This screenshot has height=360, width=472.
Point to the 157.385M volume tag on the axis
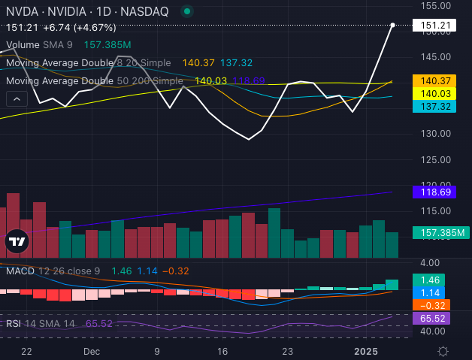[441, 233]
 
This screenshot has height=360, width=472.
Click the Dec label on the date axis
[92, 351]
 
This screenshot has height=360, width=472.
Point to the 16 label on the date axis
[222, 351]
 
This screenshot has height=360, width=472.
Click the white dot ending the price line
[393, 25]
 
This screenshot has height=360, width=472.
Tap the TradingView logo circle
[17, 241]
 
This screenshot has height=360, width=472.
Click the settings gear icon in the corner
[443, 351]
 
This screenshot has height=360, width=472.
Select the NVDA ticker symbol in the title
[22, 11]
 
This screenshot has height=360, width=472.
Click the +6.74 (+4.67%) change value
[69, 27]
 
